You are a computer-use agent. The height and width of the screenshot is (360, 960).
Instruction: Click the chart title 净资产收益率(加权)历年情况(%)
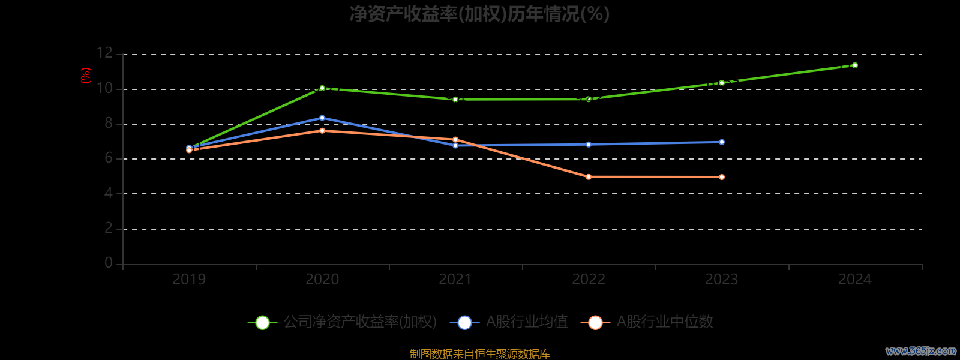[x=479, y=14]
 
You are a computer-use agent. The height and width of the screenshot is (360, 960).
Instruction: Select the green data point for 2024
[x=854, y=65]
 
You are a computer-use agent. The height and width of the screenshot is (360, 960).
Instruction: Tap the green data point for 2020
[x=322, y=88]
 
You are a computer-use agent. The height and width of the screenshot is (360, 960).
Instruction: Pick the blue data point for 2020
[x=322, y=118]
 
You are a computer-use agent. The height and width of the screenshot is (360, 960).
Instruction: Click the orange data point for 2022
[x=589, y=177]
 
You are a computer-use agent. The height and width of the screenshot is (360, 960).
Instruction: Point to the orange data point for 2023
[x=722, y=177]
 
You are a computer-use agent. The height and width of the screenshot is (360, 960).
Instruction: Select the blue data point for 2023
[x=722, y=142]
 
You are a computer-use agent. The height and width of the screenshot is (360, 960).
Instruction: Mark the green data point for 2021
[x=455, y=99]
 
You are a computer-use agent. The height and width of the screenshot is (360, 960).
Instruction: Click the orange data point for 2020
[x=322, y=131]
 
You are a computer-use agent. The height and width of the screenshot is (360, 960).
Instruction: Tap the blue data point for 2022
[x=589, y=145]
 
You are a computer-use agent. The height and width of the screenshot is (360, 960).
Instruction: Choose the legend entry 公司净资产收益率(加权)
[x=343, y=322]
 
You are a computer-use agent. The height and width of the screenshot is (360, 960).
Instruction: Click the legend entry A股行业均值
[x=509, y=322]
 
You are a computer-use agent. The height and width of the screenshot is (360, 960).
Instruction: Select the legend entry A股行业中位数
[x=647, y=322]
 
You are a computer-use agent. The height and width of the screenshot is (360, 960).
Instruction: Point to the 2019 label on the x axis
[x=189, y=279]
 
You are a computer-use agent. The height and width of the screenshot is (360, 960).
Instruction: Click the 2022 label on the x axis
[x=589, y=279]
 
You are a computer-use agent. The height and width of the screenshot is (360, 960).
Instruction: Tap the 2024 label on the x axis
[x=854, y=279]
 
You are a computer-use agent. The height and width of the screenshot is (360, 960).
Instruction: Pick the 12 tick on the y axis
[x=104, y=53]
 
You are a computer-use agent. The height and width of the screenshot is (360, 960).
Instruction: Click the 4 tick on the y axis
[x=109, y=193]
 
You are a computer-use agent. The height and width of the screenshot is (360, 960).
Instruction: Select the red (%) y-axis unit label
[x=86, y=76]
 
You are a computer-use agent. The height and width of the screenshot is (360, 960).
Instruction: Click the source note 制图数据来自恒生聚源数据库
[x=479, y=354]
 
